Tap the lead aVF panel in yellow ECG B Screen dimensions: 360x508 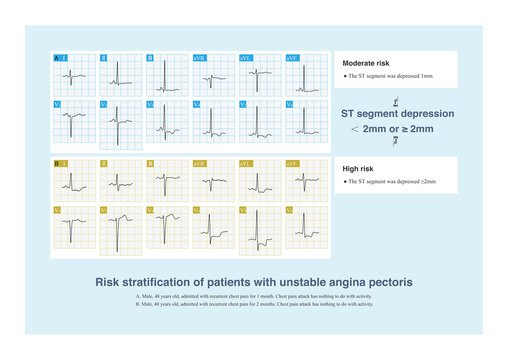pos(306,177)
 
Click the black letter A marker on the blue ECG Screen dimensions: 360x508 pos(57,58)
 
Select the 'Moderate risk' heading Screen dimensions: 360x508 pos(366,62)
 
